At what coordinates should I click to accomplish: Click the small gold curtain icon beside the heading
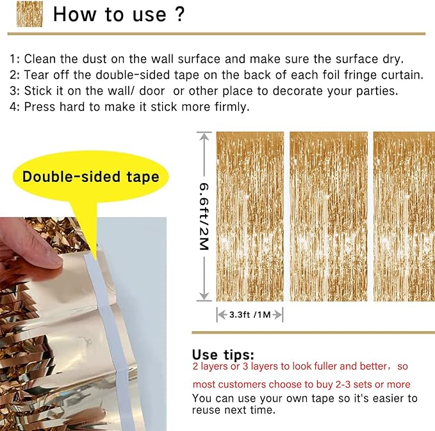[x=30, y=14]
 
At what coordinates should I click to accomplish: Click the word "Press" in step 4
[x=40, y=107]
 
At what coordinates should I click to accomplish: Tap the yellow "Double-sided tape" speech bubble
[x=90, y=176]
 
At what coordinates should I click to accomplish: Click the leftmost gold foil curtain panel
[x=250, y=216]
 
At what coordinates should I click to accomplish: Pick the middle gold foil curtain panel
[x=329, y=216]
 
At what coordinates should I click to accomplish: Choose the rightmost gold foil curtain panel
[x=404, y=216]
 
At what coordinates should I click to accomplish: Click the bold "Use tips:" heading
[x=222, y=354]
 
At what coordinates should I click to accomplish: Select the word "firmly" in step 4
[x=229, y=107]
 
